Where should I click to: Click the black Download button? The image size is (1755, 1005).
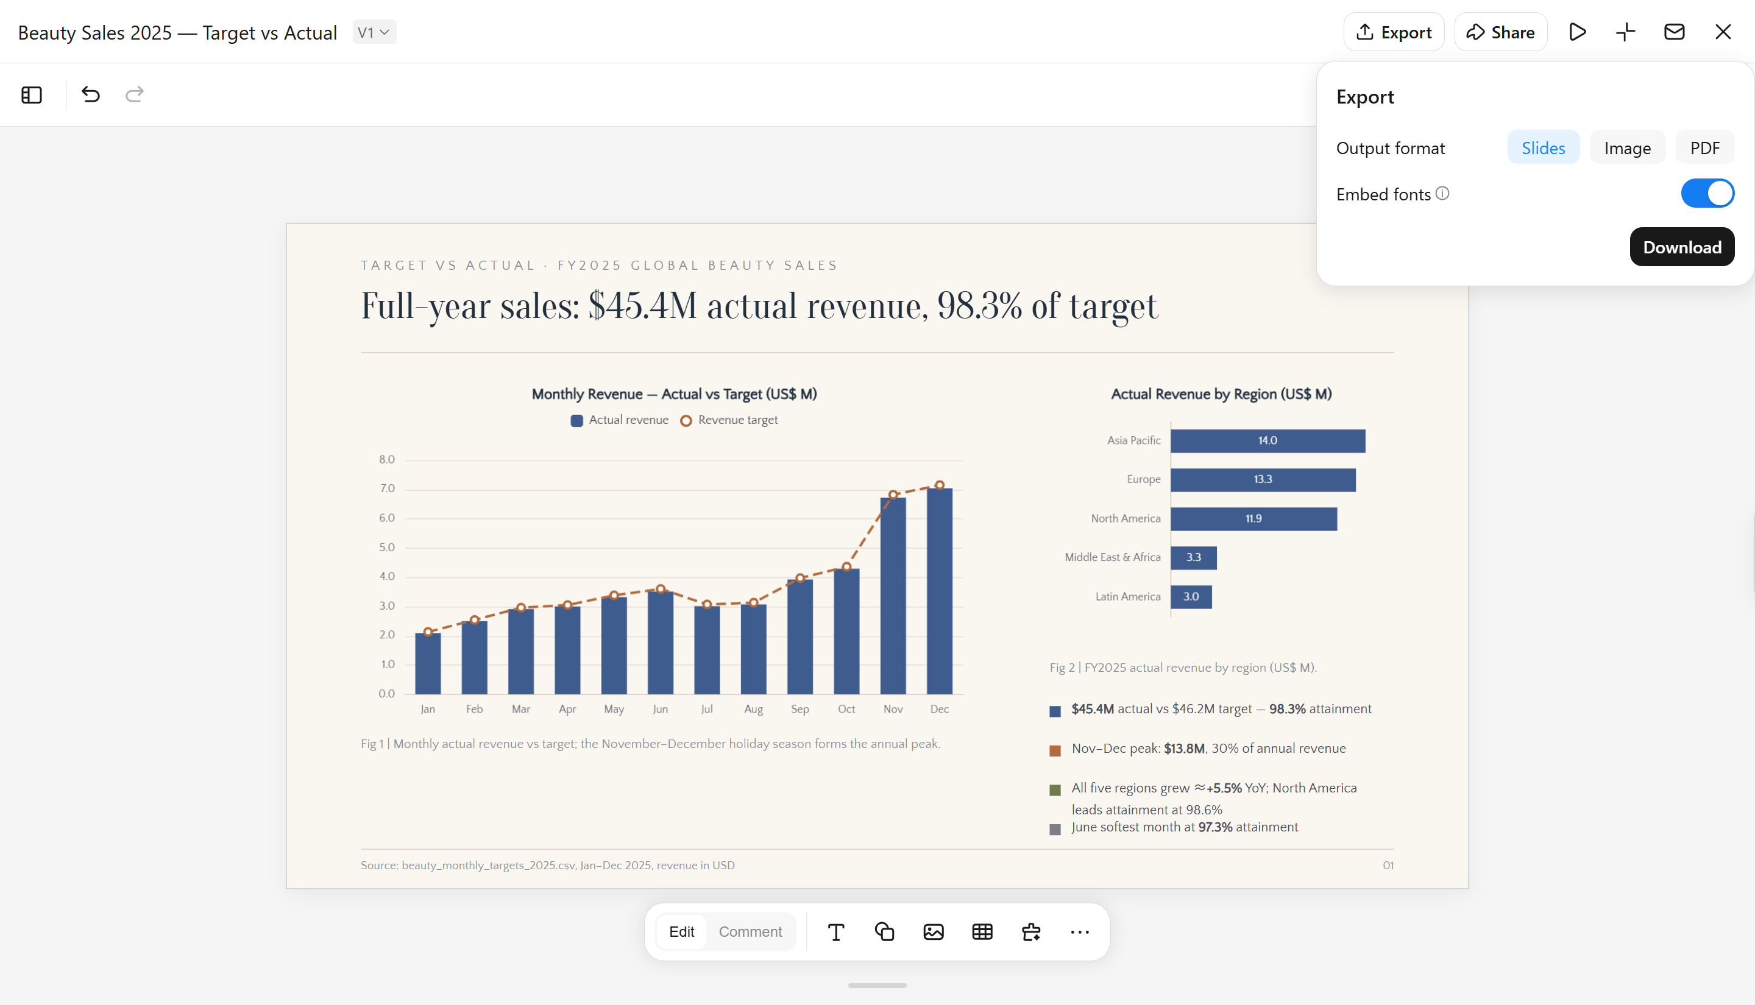1682,247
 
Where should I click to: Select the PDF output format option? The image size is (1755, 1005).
1704,148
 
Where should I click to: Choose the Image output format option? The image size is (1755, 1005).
1627,148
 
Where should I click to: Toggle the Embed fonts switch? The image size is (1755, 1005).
1707,193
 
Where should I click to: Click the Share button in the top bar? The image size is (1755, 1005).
1501,32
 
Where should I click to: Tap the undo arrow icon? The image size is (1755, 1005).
90,94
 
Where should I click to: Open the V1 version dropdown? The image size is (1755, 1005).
374,32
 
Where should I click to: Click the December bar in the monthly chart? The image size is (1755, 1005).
940,591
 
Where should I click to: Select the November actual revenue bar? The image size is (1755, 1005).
893,596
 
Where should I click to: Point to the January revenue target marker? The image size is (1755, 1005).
428,632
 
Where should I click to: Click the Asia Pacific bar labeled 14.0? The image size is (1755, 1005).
1267,441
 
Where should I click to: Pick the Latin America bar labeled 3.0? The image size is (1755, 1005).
1191,597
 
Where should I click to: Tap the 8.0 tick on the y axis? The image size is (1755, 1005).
386,460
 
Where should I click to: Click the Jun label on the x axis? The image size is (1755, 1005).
660,710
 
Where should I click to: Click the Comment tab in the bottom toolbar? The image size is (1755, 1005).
750,932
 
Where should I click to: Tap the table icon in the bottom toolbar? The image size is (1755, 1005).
982,932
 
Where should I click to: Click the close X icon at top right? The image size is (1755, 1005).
1723,32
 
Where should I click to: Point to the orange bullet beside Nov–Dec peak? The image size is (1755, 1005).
1055,751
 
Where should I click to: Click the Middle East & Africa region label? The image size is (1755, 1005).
1112,558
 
